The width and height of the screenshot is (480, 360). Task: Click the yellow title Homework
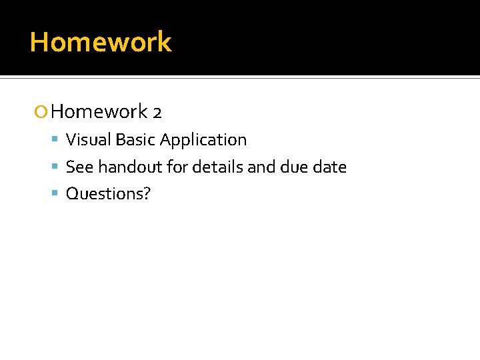pos(101,42)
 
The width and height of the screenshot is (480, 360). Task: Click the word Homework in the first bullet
pos(99,111)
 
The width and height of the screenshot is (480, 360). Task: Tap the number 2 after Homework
pos(157,112)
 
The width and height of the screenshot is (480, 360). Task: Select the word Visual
pos(89,140)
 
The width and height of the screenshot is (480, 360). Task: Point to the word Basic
pos(135,140)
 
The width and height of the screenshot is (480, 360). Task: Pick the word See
pos(79,167)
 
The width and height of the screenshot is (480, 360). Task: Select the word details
pos(217,167)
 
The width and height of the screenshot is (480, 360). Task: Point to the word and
pos(261,167)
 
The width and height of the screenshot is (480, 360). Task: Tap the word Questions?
pos(108,194)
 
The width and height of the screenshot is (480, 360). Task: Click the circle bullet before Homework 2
pos(41,112)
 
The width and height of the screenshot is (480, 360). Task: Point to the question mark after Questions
pos(147,193)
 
